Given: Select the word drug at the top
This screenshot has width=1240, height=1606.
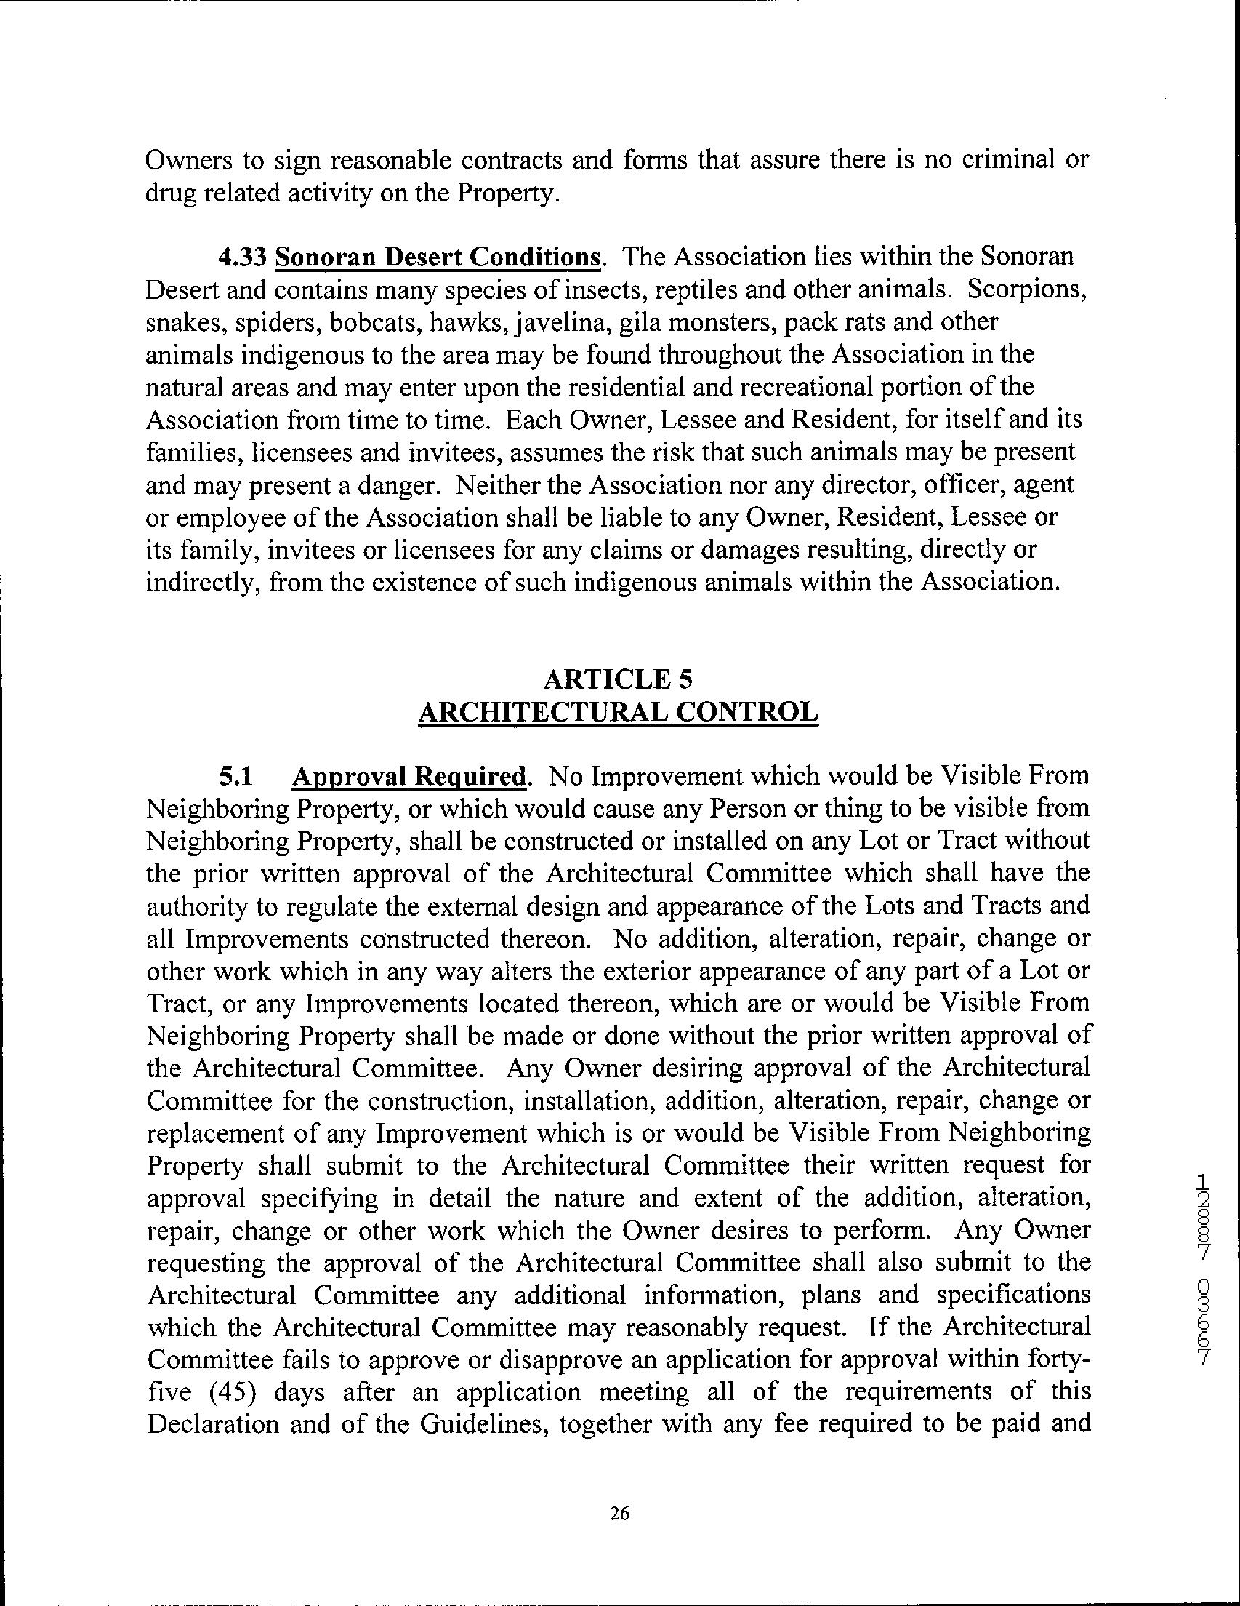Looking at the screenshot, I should pos(172,193).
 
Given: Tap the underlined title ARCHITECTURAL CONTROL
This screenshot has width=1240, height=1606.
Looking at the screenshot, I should pos(617,712).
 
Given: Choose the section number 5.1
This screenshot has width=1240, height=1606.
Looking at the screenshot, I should pos(235,777).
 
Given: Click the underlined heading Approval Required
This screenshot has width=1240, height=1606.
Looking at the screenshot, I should pos(409,777).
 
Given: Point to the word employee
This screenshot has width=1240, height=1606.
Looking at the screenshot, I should pos(227,518).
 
